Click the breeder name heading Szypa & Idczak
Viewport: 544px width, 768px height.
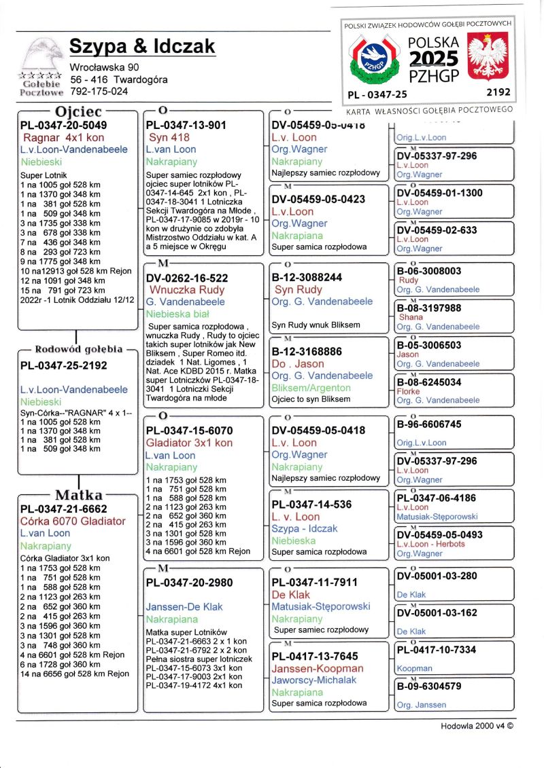(x=142, y=46)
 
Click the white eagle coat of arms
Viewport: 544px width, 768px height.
(x=490, y=56)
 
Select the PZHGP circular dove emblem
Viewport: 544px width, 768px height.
(x=371, y=58)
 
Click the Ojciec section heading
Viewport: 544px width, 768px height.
(x=78, y=111)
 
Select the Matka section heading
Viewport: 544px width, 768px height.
(x=78, y=494)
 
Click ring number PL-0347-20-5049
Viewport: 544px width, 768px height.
(x=63, y=125)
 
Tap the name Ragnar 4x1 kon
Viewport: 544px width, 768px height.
(x=63, y=138)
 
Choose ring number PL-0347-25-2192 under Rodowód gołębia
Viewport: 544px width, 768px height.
(x=63, y=365)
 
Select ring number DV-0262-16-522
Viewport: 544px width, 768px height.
(x=187, y=277)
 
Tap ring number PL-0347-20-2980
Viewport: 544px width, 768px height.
(x=189, y=582)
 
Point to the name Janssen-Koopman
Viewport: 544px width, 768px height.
(x=307, y=668)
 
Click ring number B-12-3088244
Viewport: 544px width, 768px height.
(x=307, y=277)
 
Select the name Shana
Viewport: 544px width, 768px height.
(x=411, y=317)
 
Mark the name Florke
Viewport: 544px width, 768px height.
(x=409, y=391)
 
